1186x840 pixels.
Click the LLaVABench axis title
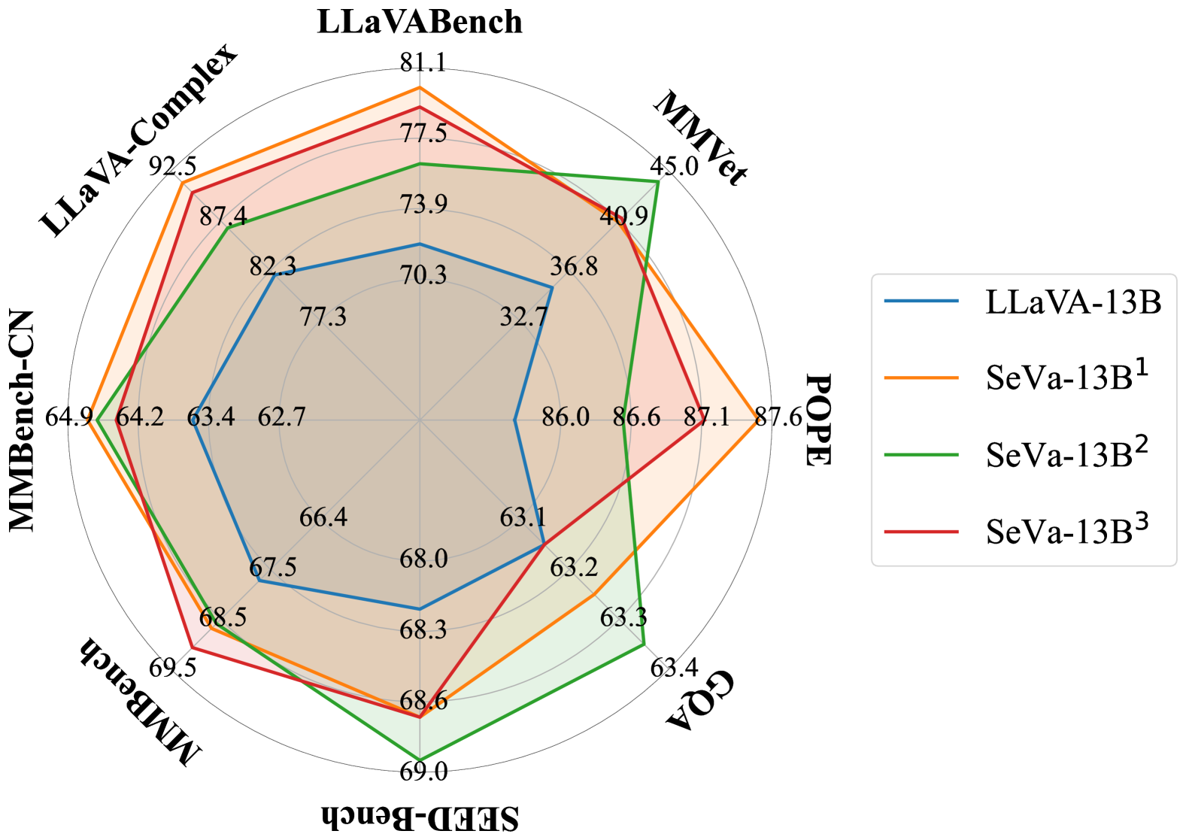pos(420,22)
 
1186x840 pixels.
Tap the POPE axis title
pos(817,420)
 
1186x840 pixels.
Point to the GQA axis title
pos(699,699)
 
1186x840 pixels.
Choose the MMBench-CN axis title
pos(22,420)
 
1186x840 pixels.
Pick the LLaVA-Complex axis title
pos(138,140)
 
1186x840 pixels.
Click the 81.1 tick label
pos(423,62)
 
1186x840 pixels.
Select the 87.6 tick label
pos(778,417)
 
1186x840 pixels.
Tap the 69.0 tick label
pos(423,772)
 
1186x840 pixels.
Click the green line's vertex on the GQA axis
pos(644,644)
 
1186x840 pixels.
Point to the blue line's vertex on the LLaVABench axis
pos(420,244)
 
